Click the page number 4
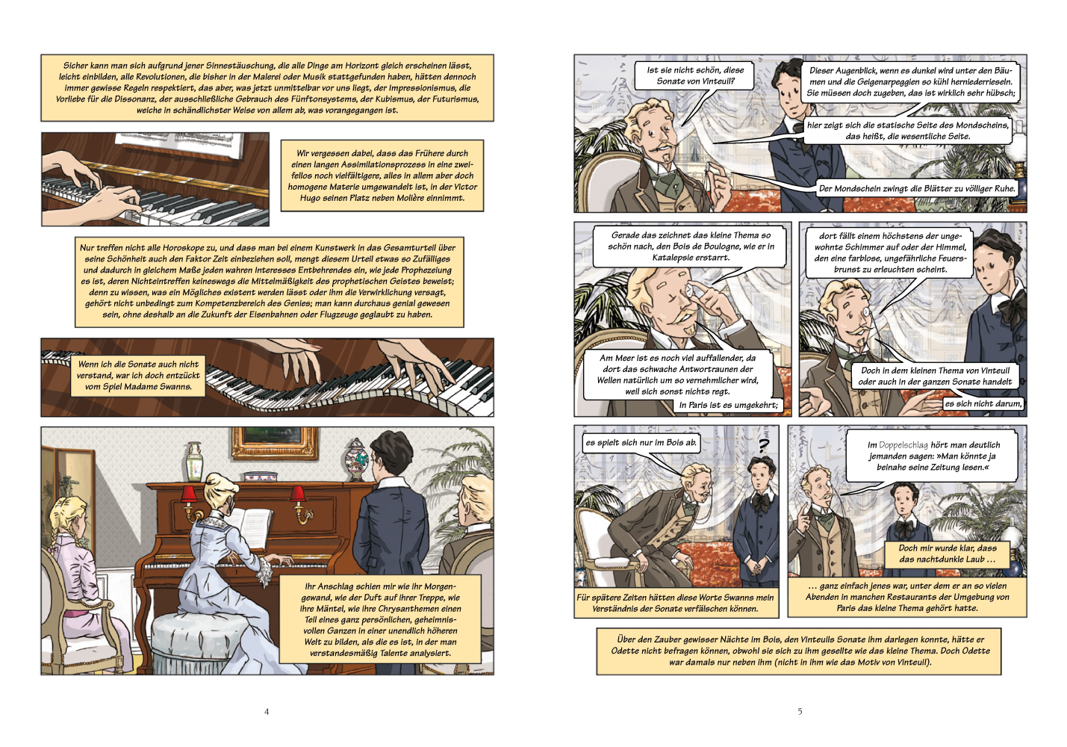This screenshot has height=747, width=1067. [267, 711]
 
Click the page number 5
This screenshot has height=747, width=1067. [800, 711]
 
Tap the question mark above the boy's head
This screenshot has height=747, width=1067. [764, 445]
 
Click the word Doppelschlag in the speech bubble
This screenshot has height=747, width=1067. [903, 445]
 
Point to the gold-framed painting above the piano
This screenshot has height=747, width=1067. [275, 443]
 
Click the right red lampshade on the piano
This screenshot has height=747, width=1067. [298, 494]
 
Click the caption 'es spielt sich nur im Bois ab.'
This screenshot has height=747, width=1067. [641, 442]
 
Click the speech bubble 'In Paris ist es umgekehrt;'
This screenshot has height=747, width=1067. [728, 405]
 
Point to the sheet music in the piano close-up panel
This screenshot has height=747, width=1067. [180, 146]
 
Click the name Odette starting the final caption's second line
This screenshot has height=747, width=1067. [627, 651]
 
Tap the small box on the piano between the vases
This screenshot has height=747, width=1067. [257, 476]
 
